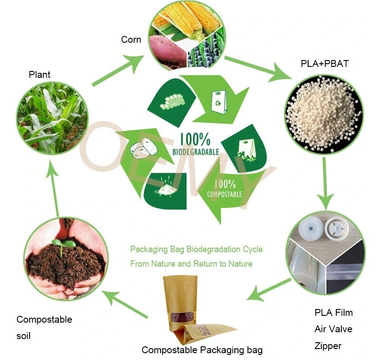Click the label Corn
(x=131, y=40)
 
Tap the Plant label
(x=40, y=75)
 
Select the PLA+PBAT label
(x=324, y=64)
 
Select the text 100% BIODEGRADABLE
(x=195, y=144)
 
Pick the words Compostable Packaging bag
(x=202, y=350)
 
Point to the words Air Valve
(x=333, y=329)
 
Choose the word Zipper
(x=328, y=346)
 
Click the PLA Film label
(x=333, y=313)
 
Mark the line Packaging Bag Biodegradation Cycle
(x=196, y=249)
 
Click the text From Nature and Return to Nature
(x=191, y=264)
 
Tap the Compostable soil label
(x=44, y=328)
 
